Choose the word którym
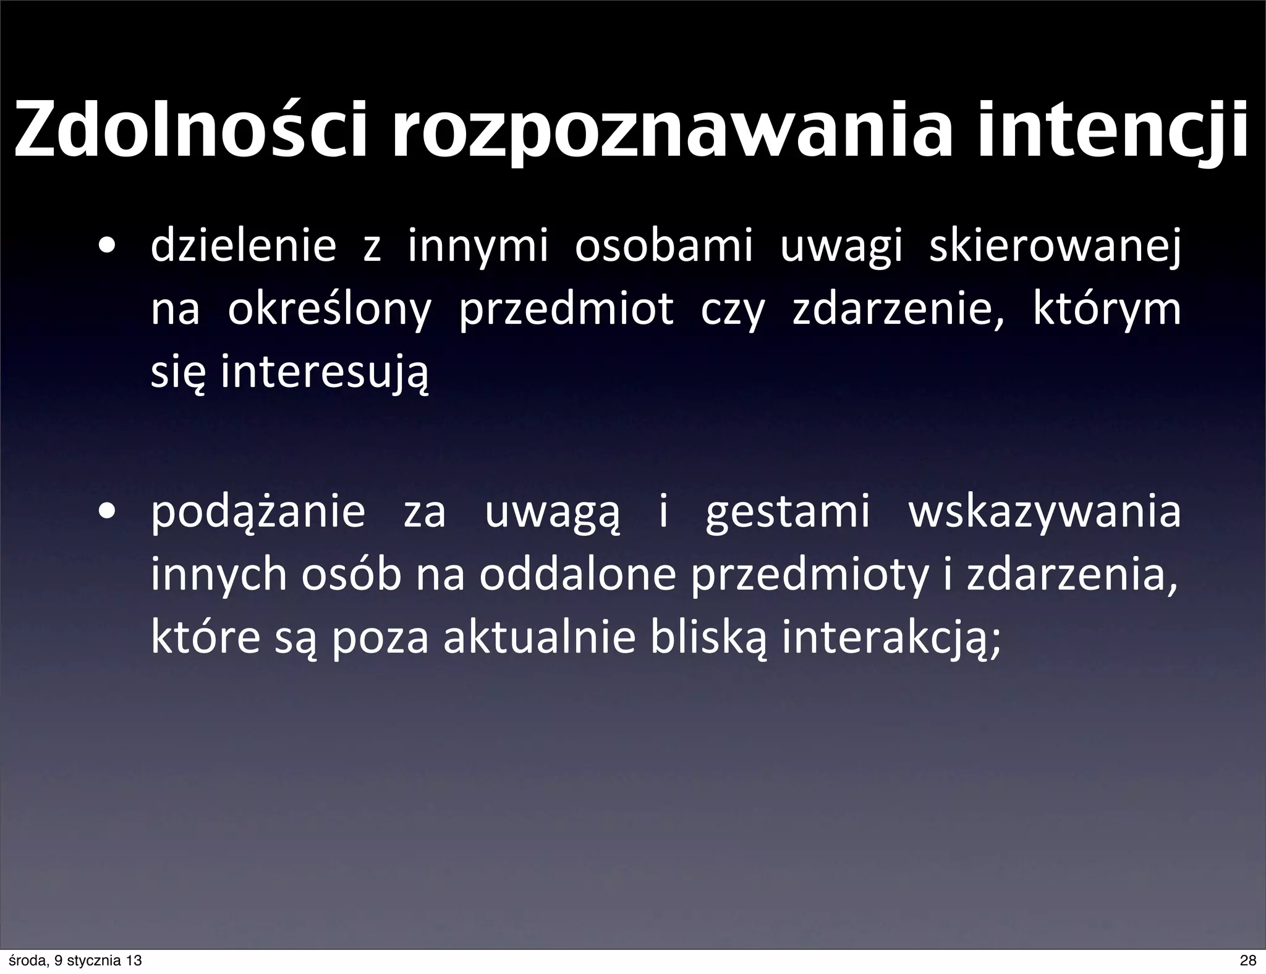point(1107,310)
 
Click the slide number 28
point(1248,960)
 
